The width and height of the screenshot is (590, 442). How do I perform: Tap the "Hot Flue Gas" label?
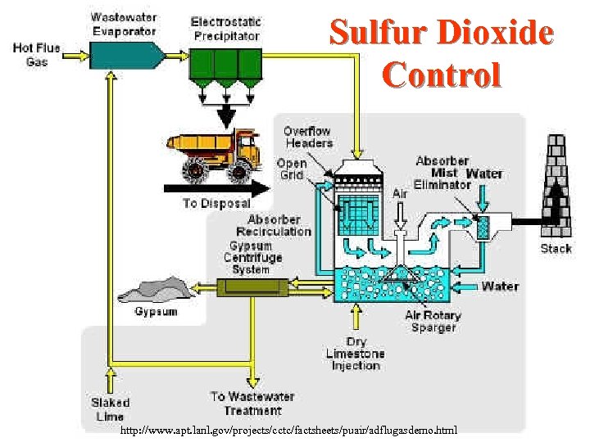[x=36, y=55]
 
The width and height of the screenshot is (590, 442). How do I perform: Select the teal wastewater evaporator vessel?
[x=123, y=55]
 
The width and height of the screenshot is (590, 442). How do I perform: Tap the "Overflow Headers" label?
[x=308, y=137]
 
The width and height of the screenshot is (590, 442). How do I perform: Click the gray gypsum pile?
[x=152, y=291]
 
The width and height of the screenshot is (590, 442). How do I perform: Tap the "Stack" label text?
[x=556, y=248]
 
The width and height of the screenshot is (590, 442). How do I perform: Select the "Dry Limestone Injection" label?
[x=355, y=354]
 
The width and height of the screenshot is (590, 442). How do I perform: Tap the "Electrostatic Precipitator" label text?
[x=225, y=29]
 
